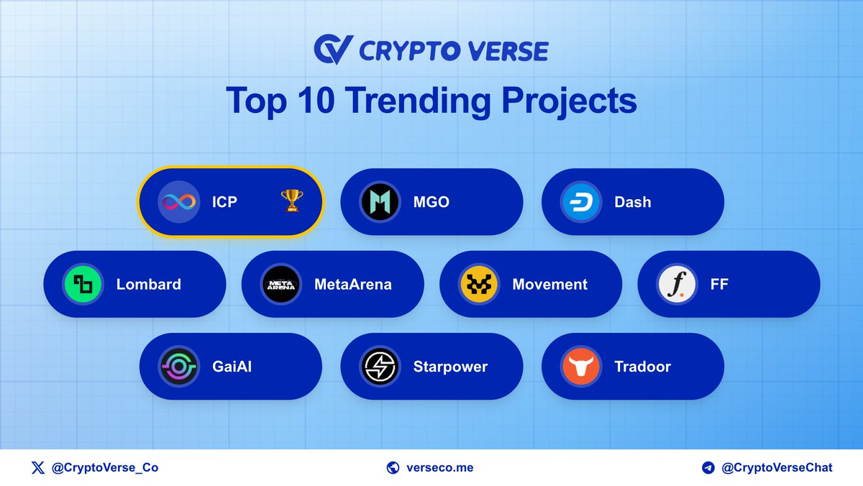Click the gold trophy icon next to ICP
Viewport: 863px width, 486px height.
point(291,202)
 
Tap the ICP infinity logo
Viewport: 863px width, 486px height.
point(178,202)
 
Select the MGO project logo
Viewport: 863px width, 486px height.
point(380,202)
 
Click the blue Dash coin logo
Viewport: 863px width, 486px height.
point(581,202)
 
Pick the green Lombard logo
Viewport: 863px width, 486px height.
point(83,284)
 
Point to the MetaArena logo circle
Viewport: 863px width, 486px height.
point(280,284)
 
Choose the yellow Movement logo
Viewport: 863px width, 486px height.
point(479,284)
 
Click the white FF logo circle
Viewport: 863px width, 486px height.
point(677,284)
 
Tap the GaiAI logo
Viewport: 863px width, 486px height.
point(178,367)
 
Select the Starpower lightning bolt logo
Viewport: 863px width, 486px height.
point(380,367)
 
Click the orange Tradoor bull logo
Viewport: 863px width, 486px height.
point(581,367)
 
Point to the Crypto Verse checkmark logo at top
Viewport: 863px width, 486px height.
point(332,50)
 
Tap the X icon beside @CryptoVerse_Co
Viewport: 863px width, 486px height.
point(37,467)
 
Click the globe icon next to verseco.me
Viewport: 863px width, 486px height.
point(393,467)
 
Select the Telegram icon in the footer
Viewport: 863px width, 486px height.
point(708,467)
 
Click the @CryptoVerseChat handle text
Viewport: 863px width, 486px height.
point(777,467)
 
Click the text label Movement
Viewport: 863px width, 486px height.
point(549,284)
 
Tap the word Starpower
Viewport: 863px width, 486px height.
point(450,367)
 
